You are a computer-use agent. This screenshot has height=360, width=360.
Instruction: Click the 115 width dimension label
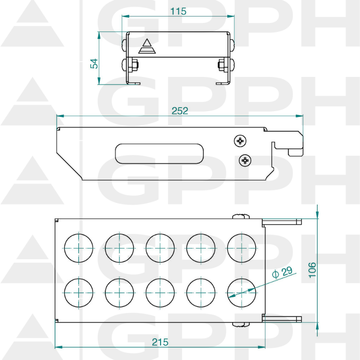click(x=179, y=11)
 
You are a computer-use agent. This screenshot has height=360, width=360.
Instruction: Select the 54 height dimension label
click(x=94, y=63)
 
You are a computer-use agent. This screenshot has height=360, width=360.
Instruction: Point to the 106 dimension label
click(x=312, y=270)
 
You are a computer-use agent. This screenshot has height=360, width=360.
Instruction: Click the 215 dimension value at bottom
click(x=160, y=342)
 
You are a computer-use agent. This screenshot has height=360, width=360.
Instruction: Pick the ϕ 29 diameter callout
click(x=283, y=272)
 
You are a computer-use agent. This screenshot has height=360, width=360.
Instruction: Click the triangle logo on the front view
click(x=146, y=46)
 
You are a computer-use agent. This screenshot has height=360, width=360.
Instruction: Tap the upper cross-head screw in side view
click(x=241, y=141)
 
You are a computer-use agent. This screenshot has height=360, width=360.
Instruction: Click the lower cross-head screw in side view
click(x=245, y=160)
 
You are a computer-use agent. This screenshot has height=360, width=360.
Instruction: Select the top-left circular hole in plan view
click(x=79, y=248)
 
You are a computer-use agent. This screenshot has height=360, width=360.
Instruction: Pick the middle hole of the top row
click(x=160, y=248)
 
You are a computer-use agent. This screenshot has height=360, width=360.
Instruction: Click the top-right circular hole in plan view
click(x=242, y=248)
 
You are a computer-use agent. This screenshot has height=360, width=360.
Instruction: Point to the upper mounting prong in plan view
click(x=282, y=221)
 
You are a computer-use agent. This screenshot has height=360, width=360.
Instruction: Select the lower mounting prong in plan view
click(x=282, y=319)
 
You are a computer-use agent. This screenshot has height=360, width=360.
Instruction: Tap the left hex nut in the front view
click(x=133, y=66)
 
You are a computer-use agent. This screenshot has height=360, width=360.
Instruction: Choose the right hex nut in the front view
click(x=221, y=65)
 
